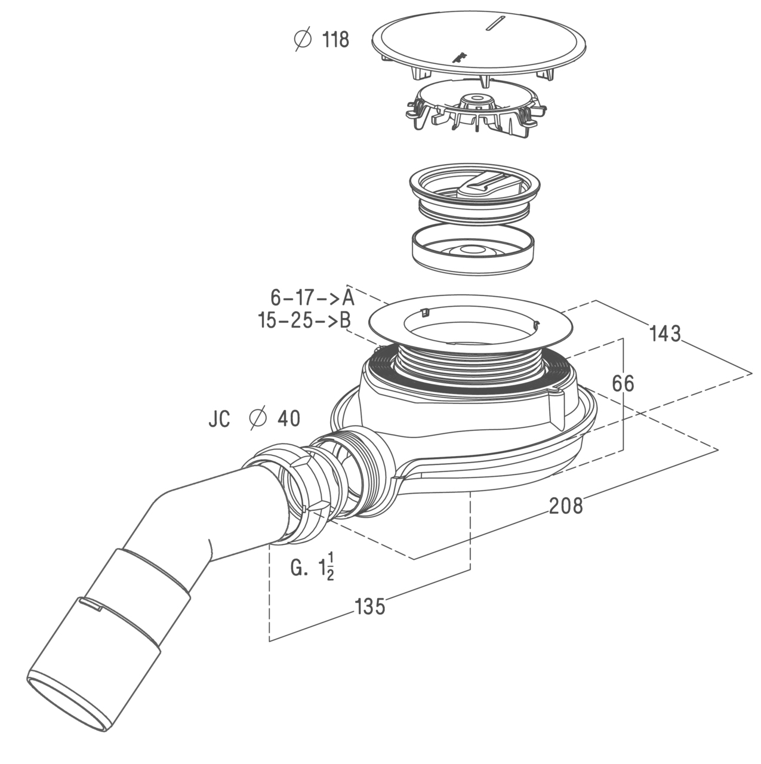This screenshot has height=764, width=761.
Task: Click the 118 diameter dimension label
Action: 322,40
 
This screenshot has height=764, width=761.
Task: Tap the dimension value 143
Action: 665,334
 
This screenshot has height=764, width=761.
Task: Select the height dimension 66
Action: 623,383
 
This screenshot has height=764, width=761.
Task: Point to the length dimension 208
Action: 565,506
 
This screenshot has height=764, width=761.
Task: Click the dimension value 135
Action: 370,606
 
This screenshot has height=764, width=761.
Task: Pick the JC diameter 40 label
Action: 254,418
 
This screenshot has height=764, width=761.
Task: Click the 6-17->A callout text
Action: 312,297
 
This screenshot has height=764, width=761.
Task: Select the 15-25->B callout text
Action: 304,321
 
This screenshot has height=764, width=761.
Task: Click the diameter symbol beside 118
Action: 303,40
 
